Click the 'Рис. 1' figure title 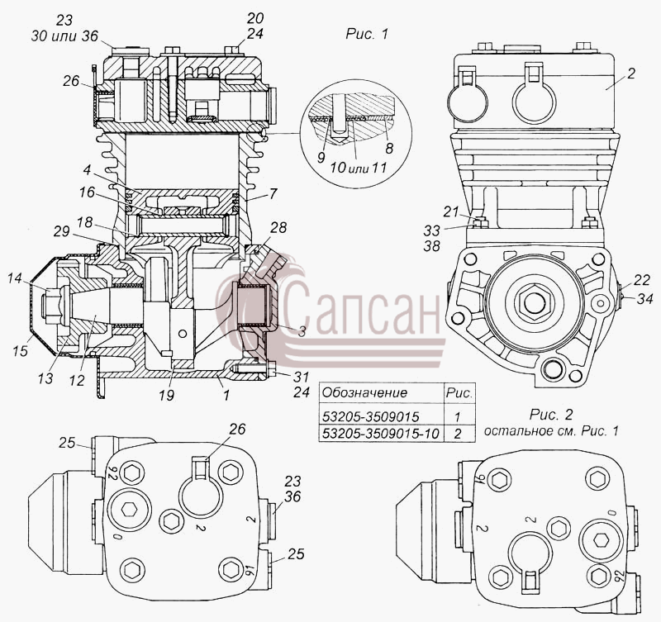tap(366, 34)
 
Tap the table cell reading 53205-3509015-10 tap(381, 433)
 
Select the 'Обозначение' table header tap(364, 392)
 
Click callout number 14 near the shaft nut tap(15, 278)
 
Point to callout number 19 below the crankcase tap(167, 395)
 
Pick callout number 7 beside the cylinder tap(273, 193)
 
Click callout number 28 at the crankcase tap(278, 227)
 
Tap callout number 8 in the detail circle tap(388, 148)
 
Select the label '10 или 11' tap(359, 168)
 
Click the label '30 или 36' tap(64, 36)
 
